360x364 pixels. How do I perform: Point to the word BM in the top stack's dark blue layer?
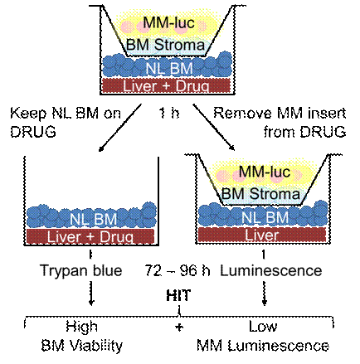[x=177, y=66]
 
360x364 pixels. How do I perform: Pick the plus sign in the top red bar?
[x=163, y=85]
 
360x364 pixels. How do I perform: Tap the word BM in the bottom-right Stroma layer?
[x=235, y=195]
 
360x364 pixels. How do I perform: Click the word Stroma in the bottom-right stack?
[x=275, y=195]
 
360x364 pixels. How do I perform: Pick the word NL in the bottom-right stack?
[x=249, y=217]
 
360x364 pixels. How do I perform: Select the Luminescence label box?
[x=270, y=271]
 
